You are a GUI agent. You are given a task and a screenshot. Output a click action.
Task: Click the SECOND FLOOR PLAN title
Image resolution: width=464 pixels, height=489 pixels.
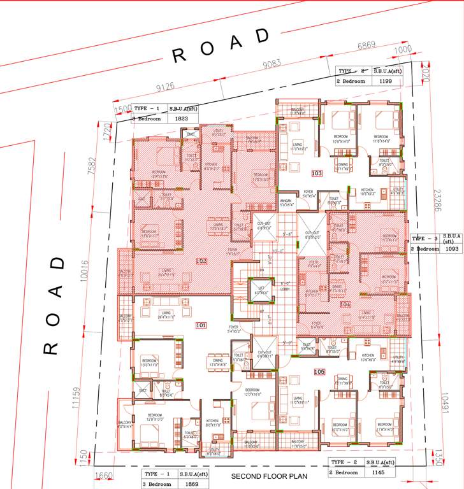coord(269,476)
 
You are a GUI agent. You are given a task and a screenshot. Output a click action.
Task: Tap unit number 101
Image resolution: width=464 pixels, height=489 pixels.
coord(201,325)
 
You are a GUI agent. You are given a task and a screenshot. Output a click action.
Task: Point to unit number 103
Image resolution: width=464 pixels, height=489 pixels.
coord(317,173)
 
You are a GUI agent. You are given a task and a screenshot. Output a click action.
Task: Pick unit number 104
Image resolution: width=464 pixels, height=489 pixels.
coord(345,304)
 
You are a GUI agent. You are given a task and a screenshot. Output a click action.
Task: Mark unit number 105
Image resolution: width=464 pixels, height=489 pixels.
coord(319,371)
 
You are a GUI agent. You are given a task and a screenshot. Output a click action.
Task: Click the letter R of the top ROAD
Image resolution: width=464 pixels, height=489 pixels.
coord(180,56)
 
